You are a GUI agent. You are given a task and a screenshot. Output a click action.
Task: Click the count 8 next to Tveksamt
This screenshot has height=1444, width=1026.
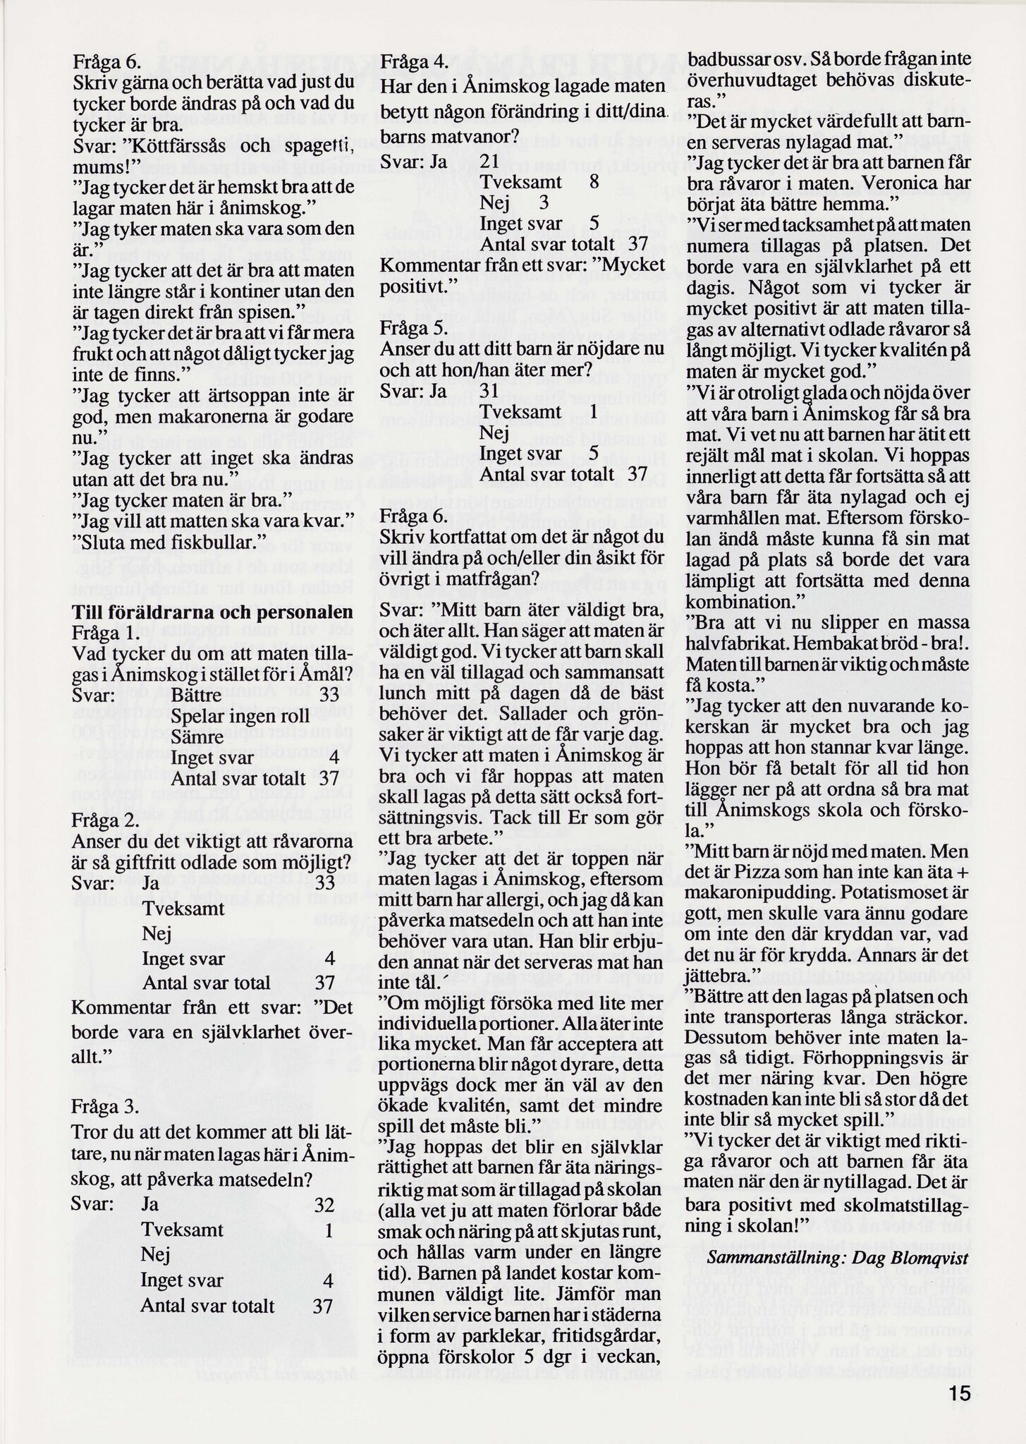coord(594,182)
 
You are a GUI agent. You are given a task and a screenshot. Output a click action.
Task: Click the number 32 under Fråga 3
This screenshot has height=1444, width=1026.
coord(324,1204)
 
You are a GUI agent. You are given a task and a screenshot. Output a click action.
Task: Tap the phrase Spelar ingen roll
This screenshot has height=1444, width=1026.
coord(230,716)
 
